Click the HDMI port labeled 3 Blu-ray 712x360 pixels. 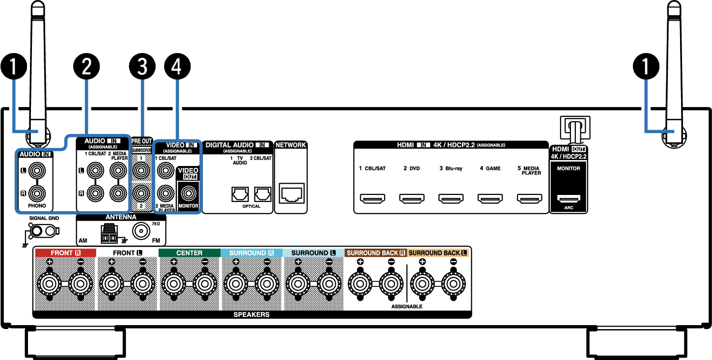tap(451, 198)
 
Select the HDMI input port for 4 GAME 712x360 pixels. tap(490, 198)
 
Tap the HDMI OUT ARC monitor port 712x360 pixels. tap(569, 199)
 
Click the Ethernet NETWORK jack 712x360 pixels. tap(291, 193)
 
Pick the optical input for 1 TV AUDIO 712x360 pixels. tap(240, 194)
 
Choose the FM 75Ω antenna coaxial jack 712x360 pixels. tap(141, 231)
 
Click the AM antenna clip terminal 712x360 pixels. tap(109, 234)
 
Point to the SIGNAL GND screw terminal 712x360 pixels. tap(36, 231)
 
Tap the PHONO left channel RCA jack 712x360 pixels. tap(37, 170)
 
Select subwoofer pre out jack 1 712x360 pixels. tap(141, 170)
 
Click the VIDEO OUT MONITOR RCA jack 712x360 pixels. tap(189, 193)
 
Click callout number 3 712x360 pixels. tap(142, 66)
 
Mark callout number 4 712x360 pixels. tap(177, 66)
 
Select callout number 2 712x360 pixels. tap(86, 66)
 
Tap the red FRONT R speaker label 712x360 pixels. tap(65, 253)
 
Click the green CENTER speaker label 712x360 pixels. tap(190, 253)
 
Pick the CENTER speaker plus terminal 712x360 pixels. tap(173, 283)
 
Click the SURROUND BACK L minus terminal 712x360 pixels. tap(454, 283)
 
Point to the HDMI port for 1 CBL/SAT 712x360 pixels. tap(372, 198)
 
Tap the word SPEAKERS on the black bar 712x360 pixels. tap(252, 314)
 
